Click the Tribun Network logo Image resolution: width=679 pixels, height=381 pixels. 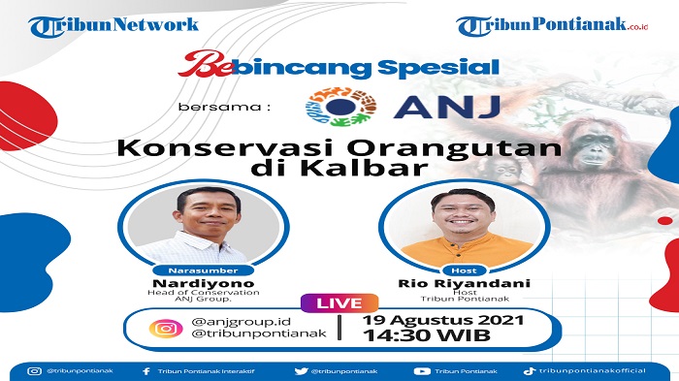113,25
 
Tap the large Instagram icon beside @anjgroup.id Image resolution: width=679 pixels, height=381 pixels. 166,328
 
